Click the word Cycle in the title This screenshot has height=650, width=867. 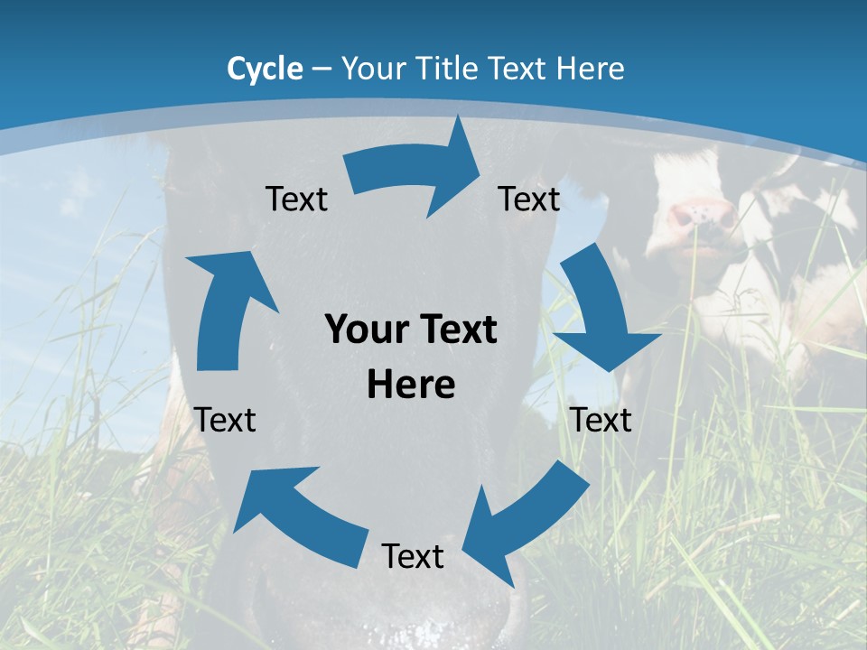click(265, 69)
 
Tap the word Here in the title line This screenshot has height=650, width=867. click(591, 69)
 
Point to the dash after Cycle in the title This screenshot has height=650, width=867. click(322, 70)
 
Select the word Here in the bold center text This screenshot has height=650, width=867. click(411, 385)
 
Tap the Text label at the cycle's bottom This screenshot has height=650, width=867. click(413, 557)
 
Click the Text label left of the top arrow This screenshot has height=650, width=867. click(296, 200)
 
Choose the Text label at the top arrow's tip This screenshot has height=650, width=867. click(529, 199)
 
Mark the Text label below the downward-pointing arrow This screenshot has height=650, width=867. click(601, 420)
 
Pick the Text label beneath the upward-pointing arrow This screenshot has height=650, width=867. click(226, 420)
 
